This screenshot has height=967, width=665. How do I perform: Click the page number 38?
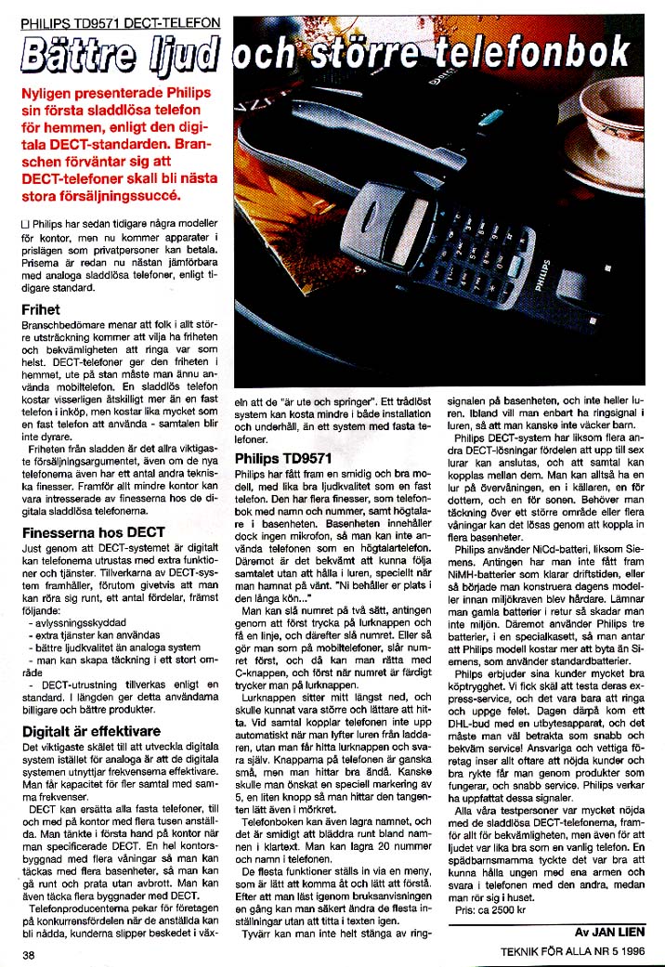pyautogui.click(x=30, y=954)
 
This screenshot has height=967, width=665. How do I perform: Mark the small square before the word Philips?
pyautogui.click(x=24, y=224)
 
